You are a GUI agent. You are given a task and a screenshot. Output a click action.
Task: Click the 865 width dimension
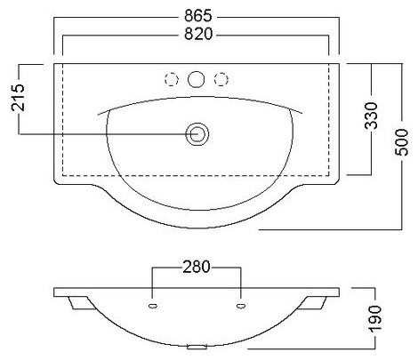(198, 16)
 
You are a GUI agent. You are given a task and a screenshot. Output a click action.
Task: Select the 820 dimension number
(198, 34)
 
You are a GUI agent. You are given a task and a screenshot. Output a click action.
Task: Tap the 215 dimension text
(19, 98)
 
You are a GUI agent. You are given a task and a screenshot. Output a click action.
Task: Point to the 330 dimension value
(372, 116)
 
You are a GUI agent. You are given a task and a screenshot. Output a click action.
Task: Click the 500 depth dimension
(402, 142)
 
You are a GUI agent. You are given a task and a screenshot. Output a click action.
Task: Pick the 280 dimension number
(197, 267)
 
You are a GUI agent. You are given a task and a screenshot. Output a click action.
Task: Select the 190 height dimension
(374, 319)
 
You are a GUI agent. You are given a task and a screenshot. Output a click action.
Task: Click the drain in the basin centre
(197, 134)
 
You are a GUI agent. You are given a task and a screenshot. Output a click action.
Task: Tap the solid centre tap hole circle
(197, 79)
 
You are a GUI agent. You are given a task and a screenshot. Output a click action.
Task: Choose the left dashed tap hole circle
(172, 79)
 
